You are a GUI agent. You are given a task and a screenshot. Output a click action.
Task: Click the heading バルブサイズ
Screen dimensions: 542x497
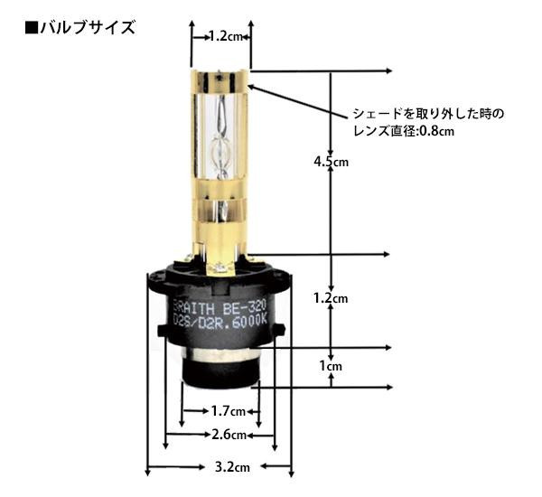point(88,28)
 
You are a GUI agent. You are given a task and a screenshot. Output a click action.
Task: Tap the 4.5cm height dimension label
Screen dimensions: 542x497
point(332,162)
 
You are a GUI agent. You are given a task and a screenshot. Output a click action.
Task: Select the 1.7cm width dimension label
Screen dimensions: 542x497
point(229,411)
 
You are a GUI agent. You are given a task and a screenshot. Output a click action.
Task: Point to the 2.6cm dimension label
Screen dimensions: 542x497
point(229,435)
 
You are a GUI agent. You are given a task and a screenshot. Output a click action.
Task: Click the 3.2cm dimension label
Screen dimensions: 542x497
point(232,467)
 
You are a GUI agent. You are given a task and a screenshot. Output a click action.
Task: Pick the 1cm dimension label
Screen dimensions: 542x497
point(331,366)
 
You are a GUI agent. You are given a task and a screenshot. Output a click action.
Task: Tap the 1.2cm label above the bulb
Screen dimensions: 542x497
point(226,36)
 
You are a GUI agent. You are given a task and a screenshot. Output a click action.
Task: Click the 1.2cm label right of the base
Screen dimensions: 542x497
point(331,298)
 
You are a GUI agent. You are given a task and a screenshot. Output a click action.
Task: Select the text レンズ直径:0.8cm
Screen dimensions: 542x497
point(403,131)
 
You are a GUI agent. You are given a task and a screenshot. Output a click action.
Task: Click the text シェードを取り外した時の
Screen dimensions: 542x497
point(428,114)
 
